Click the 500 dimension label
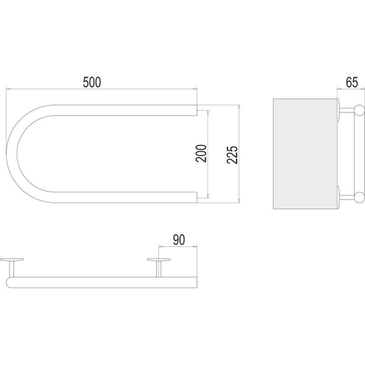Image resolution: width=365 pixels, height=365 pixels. point(92,82)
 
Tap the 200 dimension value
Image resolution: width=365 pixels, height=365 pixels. point(201,153)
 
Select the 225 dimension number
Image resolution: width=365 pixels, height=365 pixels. point(232,155)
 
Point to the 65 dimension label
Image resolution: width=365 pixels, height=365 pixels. point(352,82)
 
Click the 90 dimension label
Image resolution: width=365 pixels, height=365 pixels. point(179,240)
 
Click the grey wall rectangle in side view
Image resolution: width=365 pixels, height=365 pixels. point(305,154)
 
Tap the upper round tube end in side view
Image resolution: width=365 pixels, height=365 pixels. point(360,110)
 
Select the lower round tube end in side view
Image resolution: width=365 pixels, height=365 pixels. point(360,197)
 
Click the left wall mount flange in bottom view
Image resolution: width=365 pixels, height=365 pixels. point(12,260)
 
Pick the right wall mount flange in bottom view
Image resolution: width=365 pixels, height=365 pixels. point(159,260)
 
